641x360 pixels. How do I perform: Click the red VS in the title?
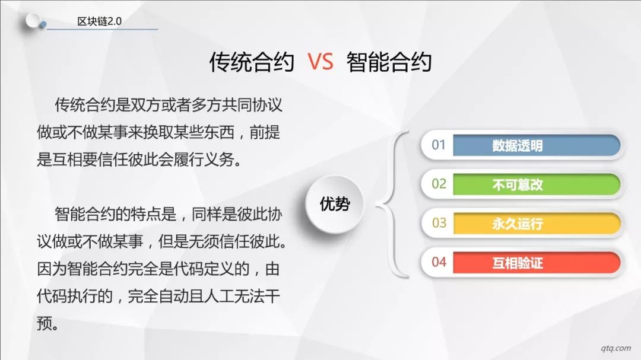(x=320, y=62)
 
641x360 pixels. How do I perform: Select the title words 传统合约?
(x=252, y=62)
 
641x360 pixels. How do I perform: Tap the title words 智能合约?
(x=389, y=62)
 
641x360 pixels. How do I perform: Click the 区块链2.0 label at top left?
(x=99, y=21)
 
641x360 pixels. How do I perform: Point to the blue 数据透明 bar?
(x=537, y=145)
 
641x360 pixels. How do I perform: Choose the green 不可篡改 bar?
(x=537, y=184)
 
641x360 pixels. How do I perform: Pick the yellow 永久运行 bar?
(x=537, y=224)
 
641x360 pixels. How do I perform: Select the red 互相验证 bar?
(x=537, y=262)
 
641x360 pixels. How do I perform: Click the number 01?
(x=438, y=145)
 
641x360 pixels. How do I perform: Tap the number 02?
(x=439, y=184)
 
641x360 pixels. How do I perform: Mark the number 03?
(x=439, y=222)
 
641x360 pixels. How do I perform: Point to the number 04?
(x=439, y=262)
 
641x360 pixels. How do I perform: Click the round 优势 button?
(x=334, y=204)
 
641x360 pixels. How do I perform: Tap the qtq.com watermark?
(x=615, y=348)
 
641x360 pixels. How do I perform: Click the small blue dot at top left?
(x=43, y=25)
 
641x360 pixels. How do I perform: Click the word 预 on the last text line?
(x=44, y=324)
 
